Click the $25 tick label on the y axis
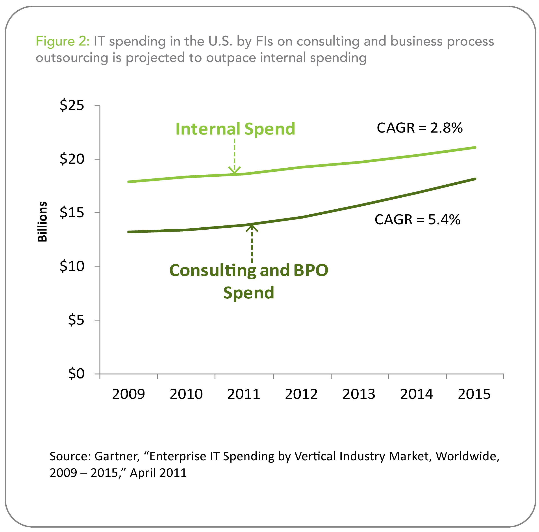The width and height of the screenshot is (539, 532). [72, 106]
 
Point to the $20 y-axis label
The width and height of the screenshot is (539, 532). [72, 159]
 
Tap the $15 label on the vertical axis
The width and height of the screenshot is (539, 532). [72, 213]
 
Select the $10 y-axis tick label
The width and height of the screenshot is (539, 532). [72, 266]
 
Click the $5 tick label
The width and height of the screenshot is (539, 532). [76, 320]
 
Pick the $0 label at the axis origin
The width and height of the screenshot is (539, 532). [76, 374]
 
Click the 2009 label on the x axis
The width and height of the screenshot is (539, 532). [128, 394]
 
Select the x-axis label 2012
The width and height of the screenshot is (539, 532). [301, 394]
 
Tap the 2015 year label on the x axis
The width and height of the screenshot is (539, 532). [474, 394]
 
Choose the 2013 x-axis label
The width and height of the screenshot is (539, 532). [359, 394]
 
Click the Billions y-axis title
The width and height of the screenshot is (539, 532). [43, 222]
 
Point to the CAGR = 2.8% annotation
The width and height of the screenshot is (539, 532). [420, 128]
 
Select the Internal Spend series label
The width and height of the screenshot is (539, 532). [235, 129]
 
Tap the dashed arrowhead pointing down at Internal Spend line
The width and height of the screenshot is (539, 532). [234, 170]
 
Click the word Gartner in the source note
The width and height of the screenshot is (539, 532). [117, 456]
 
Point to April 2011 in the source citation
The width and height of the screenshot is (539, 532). [158, 473]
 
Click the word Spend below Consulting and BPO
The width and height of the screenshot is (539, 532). [249, 293]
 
